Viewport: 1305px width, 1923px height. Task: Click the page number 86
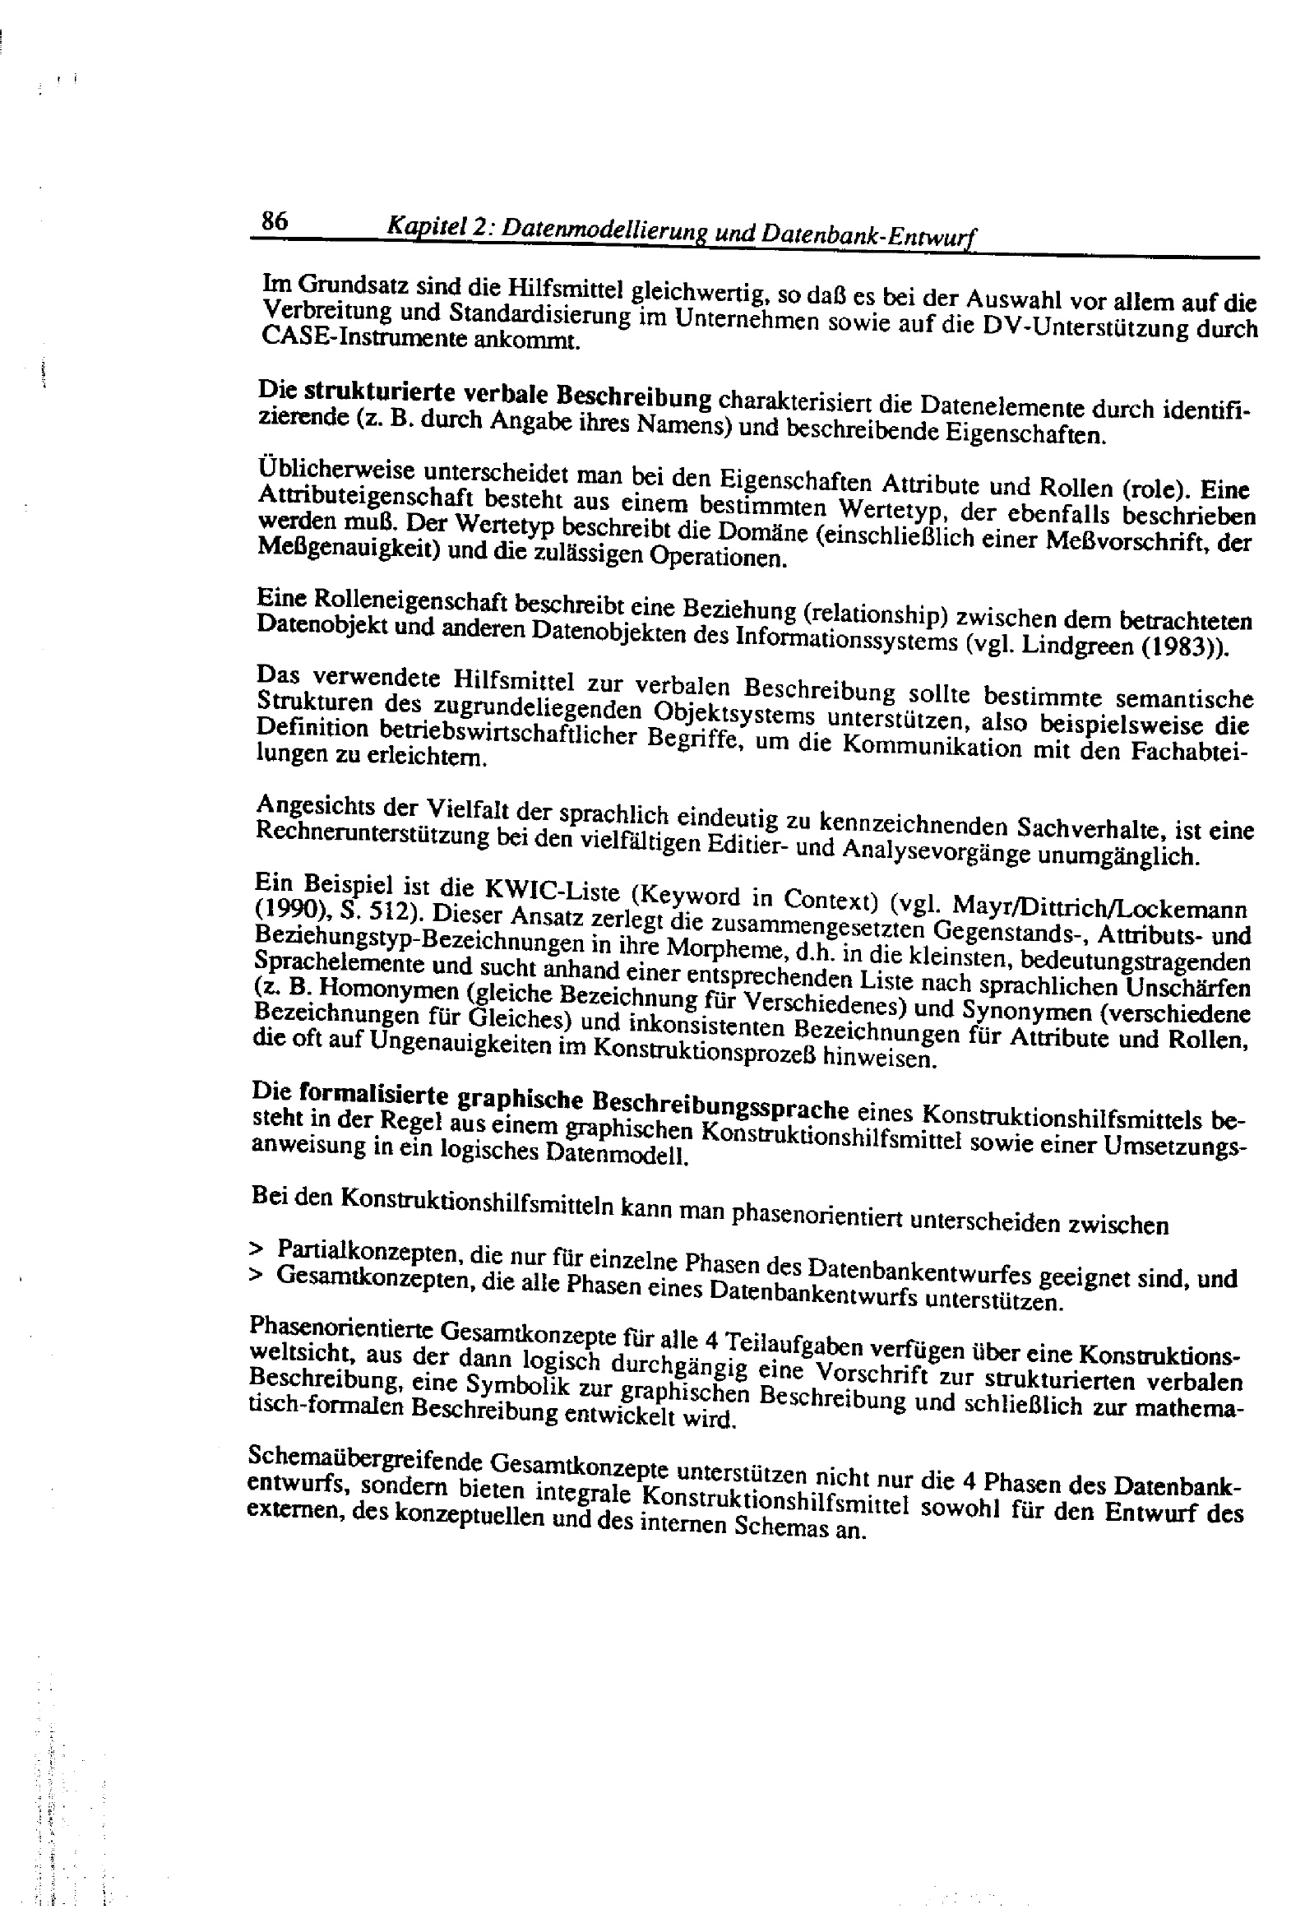point(275,221)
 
